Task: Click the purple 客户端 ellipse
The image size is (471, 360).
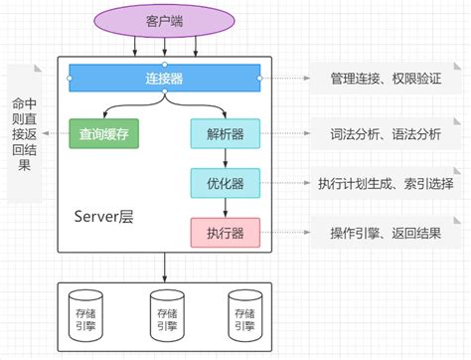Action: coord(164,20)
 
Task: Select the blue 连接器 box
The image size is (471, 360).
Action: coord(164,77)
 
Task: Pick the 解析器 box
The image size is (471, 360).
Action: coord(225,133)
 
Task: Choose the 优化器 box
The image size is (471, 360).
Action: coord(225,183)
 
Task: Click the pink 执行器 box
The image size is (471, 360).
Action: coord(225,233)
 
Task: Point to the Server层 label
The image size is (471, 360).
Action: coord(104,216)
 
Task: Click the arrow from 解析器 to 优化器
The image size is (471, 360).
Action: coord(225,158)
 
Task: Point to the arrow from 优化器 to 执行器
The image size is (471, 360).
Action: coord(225,208)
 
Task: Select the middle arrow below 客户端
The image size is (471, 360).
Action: coord(164,46)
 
